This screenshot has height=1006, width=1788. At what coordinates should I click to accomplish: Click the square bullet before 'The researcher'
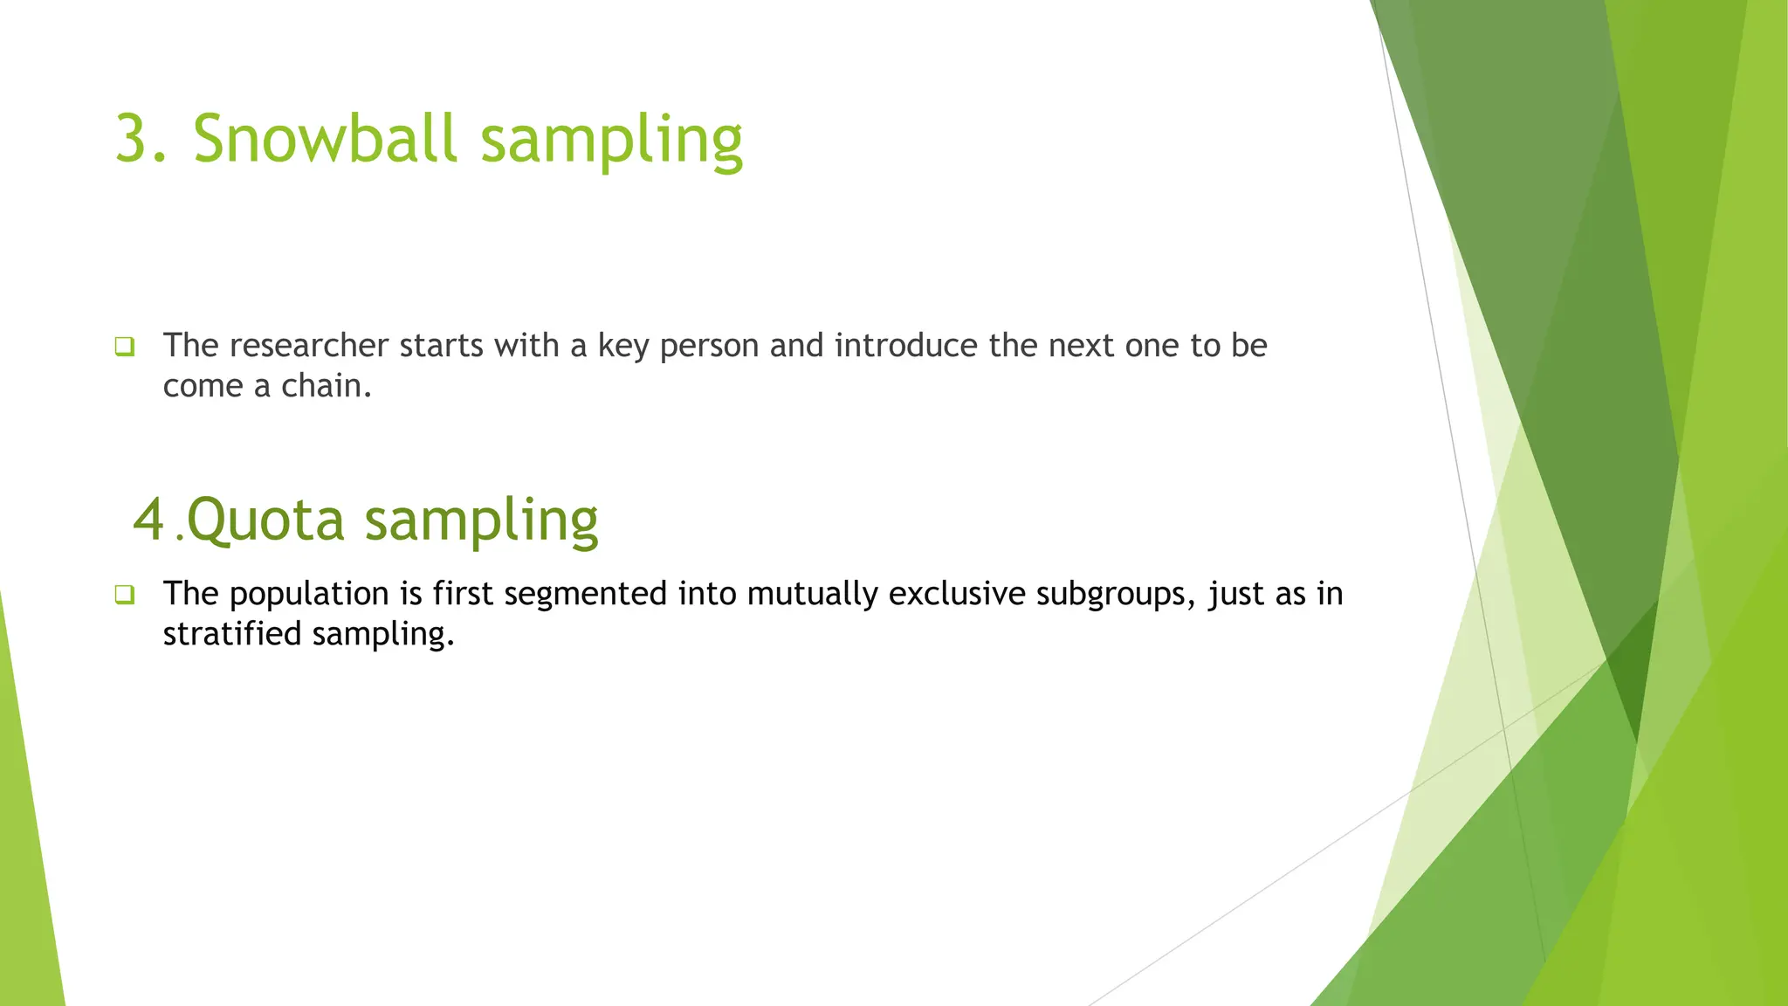(124, 347)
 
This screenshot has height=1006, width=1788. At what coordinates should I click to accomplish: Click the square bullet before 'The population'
(124, 595)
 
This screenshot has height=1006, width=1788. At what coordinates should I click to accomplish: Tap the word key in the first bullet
(623, 346)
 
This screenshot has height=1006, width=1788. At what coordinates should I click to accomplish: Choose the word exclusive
(957, 595)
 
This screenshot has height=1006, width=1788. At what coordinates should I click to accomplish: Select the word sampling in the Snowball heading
(611, 140)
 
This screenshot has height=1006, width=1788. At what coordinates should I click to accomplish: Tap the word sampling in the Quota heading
(480, 520)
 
